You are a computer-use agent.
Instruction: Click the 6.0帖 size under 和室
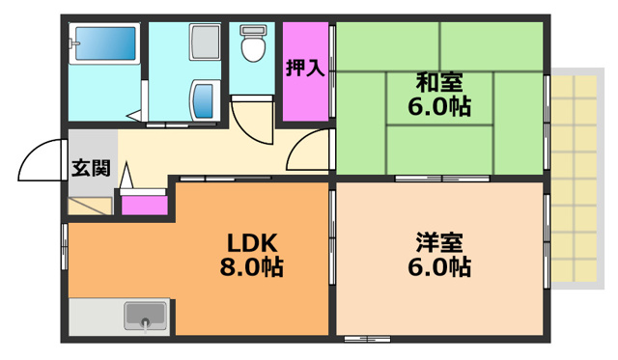(438, 106)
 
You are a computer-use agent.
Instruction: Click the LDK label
(252, 241)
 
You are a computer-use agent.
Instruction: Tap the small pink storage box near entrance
(142, 204)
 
